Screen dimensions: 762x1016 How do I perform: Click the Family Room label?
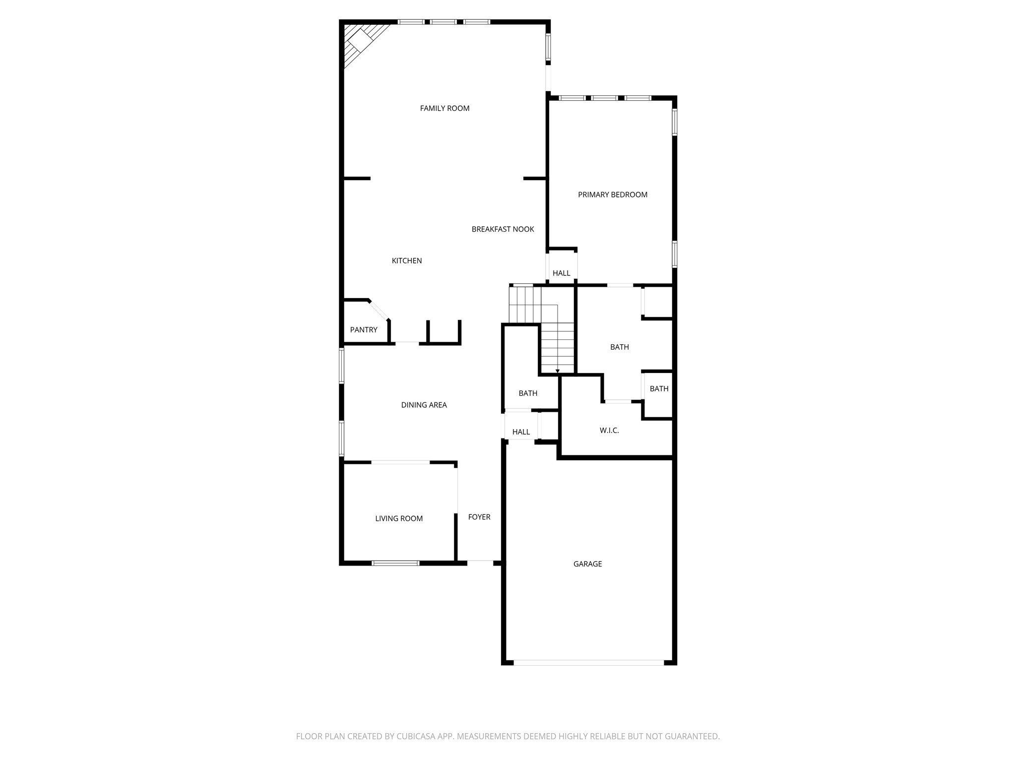(444, 108)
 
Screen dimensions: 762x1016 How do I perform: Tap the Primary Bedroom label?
(613, 194)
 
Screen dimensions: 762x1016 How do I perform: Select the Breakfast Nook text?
(503, 229)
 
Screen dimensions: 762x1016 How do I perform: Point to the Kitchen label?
(407, 260)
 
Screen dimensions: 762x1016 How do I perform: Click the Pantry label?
(364, 329)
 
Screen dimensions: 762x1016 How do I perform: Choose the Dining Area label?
(424, 405)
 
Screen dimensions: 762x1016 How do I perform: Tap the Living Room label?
(399, 518)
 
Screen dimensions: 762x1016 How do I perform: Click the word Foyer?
(479, 517)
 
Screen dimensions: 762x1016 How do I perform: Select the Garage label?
(587, 564)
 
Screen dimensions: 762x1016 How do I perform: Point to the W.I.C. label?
(609, 430)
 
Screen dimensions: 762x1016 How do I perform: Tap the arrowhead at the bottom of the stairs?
(558, 371)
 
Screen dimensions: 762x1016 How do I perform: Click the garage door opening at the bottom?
(588, 662)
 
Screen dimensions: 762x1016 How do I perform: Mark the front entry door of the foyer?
(480, 562)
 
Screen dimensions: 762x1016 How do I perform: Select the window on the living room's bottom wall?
(395, 563)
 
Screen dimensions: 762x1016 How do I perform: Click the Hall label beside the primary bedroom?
(562, 273)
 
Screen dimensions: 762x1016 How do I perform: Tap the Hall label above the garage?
(521, 432)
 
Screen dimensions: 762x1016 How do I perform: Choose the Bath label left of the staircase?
(528, 393)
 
